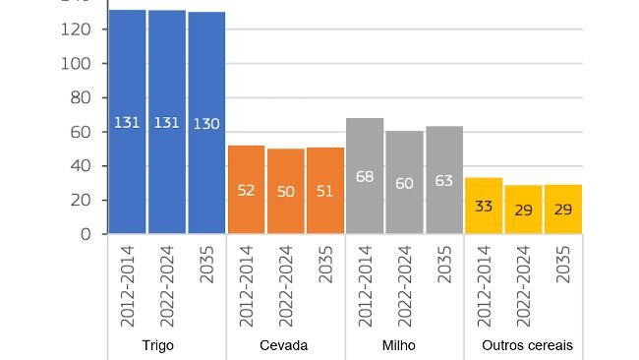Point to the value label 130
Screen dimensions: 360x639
(206, 123)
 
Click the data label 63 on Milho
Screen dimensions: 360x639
(444, 180)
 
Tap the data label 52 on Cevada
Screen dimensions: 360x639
(246, 191)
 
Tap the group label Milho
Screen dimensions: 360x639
(398, 346)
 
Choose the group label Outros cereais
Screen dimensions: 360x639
(527, 346)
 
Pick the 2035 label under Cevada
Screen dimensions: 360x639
(325, 266)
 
